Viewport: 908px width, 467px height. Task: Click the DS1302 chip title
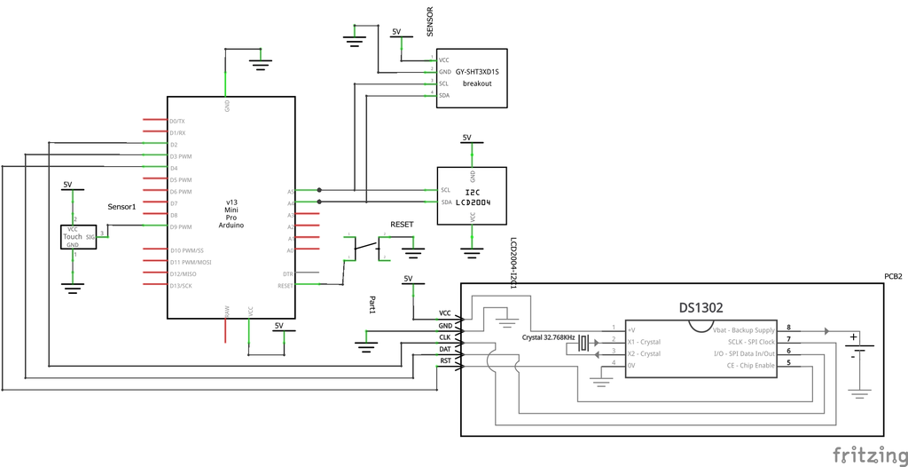click(x=701, y=308)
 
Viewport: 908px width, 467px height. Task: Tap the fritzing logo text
click(x=868, y=455)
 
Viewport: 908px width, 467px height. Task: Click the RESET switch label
click(x=402, y=226)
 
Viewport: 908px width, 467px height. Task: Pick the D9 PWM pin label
click(x=181, y=227)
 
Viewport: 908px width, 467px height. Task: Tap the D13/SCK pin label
click(x=181, y=286)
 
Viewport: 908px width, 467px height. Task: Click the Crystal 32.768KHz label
click(x=548, y=339)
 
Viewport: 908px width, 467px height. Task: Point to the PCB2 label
click(x=893, y=276)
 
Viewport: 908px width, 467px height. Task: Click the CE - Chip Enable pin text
click(x=748, y=365)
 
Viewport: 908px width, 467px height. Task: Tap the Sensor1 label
click(x=121, y=207)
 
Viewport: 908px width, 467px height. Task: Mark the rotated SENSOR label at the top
click(x=431, y=20)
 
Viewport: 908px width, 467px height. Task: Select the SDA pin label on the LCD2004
click(x=446, y=202)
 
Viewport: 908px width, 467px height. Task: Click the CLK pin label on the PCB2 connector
click(x=445, y=337)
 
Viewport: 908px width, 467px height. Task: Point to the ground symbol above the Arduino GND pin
click(x=259, y=62)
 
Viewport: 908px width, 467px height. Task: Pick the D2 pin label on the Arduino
click(x=174, y=144)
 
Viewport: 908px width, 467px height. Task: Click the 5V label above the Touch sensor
click(x=67, y=185)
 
